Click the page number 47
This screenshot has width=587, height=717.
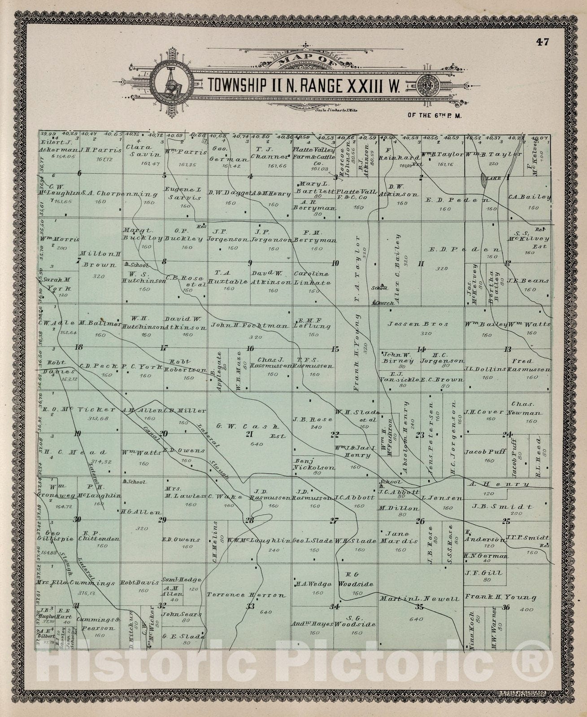tap(542, 42)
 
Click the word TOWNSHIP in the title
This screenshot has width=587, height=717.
tap(236, 85)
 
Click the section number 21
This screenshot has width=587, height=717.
tap(250, 434)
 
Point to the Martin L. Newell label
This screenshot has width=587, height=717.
tap(419, 599)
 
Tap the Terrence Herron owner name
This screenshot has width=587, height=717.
tap(246, 595)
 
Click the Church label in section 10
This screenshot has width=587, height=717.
tap(384, 303)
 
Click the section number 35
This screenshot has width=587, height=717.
tap(420, 607)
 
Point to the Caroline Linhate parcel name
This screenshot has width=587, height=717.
tap(312, 278)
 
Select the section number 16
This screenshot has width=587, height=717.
tap(250, 349)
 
